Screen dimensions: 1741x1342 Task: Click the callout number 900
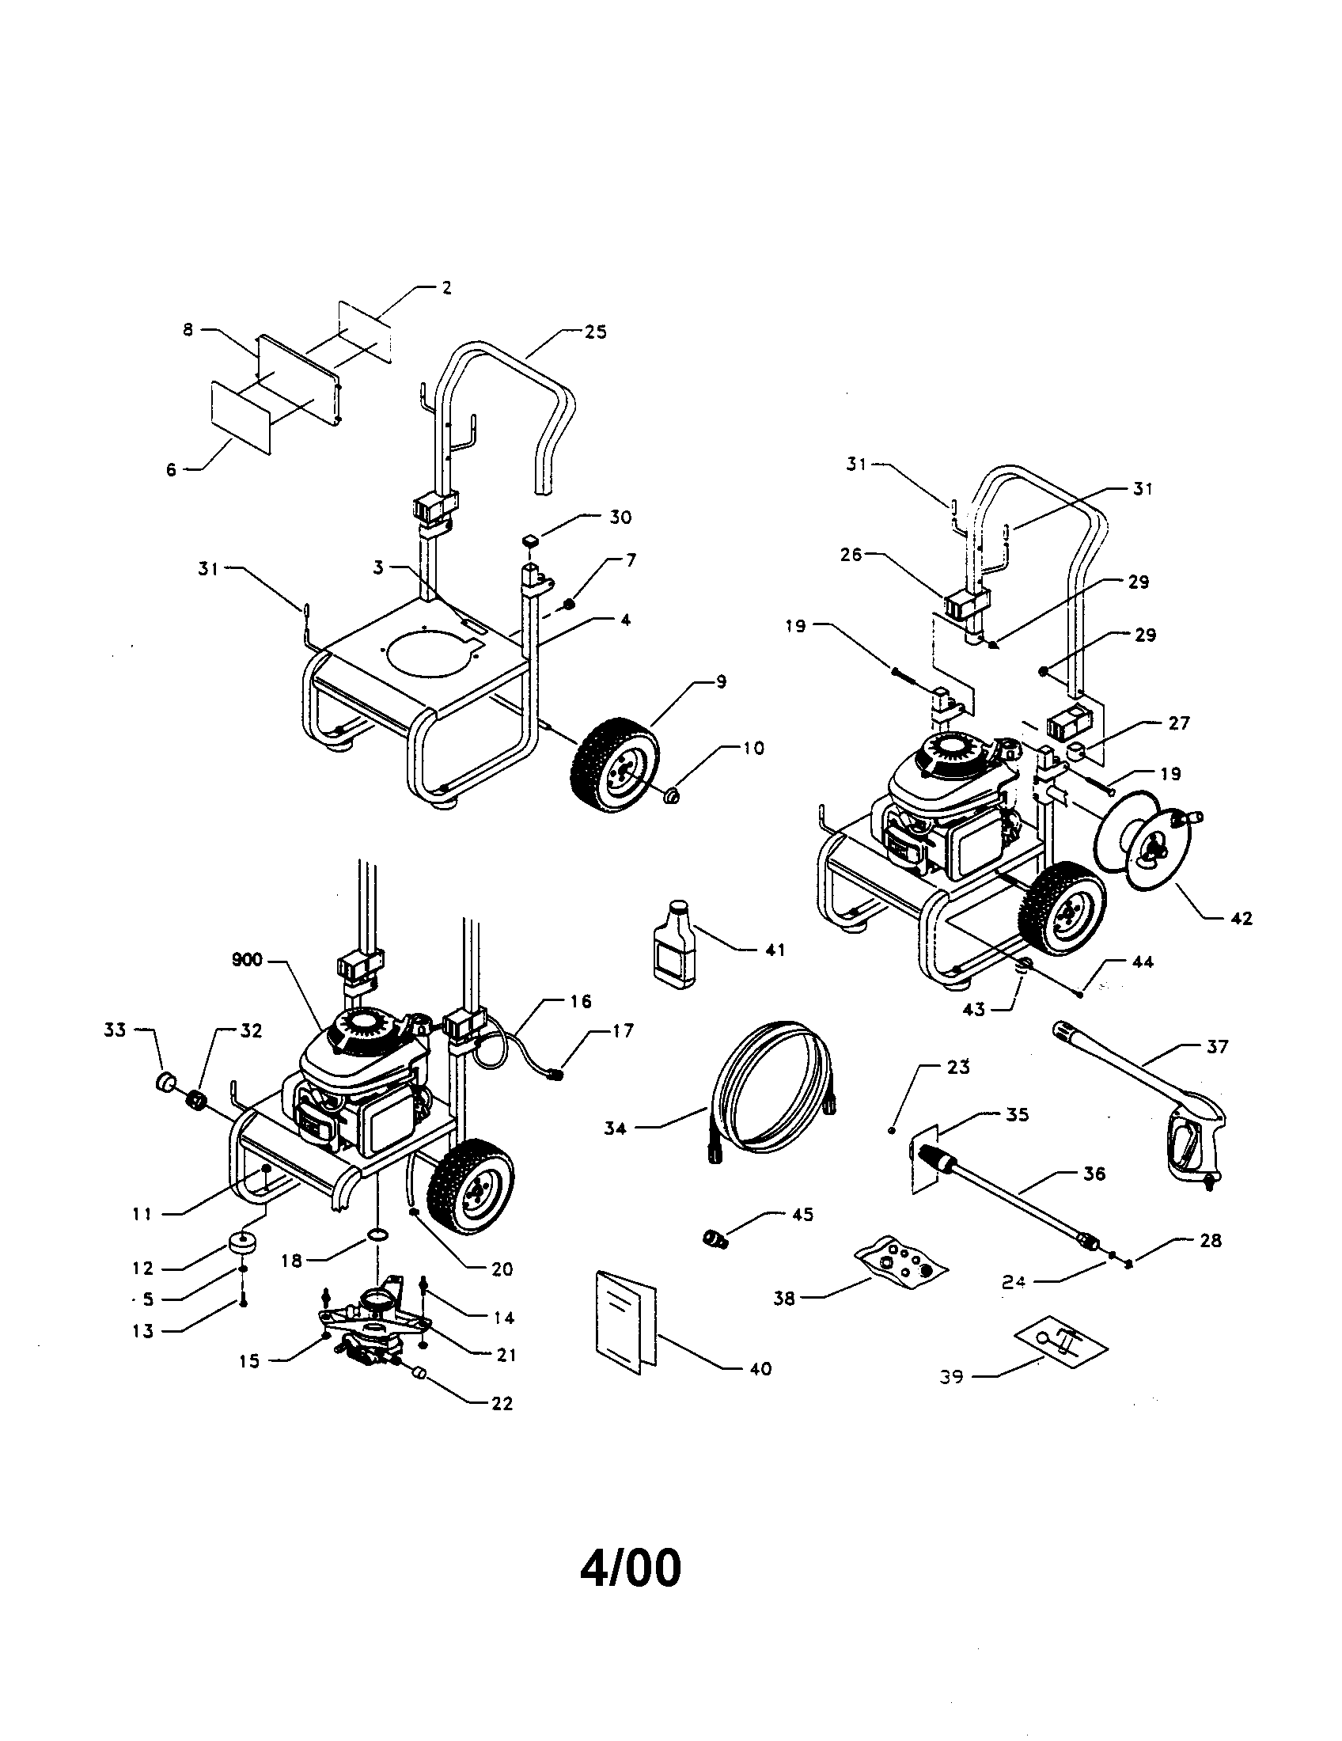coord(247,960)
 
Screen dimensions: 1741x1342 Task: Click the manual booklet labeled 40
coord(627,1323)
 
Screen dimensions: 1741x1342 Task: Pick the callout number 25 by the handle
coord(595,332)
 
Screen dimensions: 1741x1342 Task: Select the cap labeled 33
coord(165,1084)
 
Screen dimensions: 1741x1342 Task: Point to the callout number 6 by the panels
coord(171,469)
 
